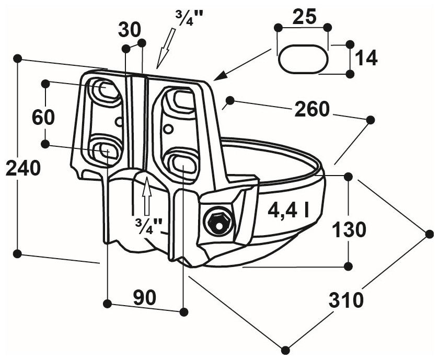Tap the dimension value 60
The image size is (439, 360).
[x=43, y=117]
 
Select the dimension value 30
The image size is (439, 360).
[x=130, y=29]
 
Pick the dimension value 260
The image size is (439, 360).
[x=312, y=109]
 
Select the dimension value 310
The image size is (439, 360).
[x=346, y=300]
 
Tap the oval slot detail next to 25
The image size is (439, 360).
[x=303, y=59]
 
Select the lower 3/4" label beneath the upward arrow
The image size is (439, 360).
[x=148, y=225]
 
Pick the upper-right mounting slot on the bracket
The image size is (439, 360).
[x=180, y=98]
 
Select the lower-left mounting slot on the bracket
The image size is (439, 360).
[x=105, y=150]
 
